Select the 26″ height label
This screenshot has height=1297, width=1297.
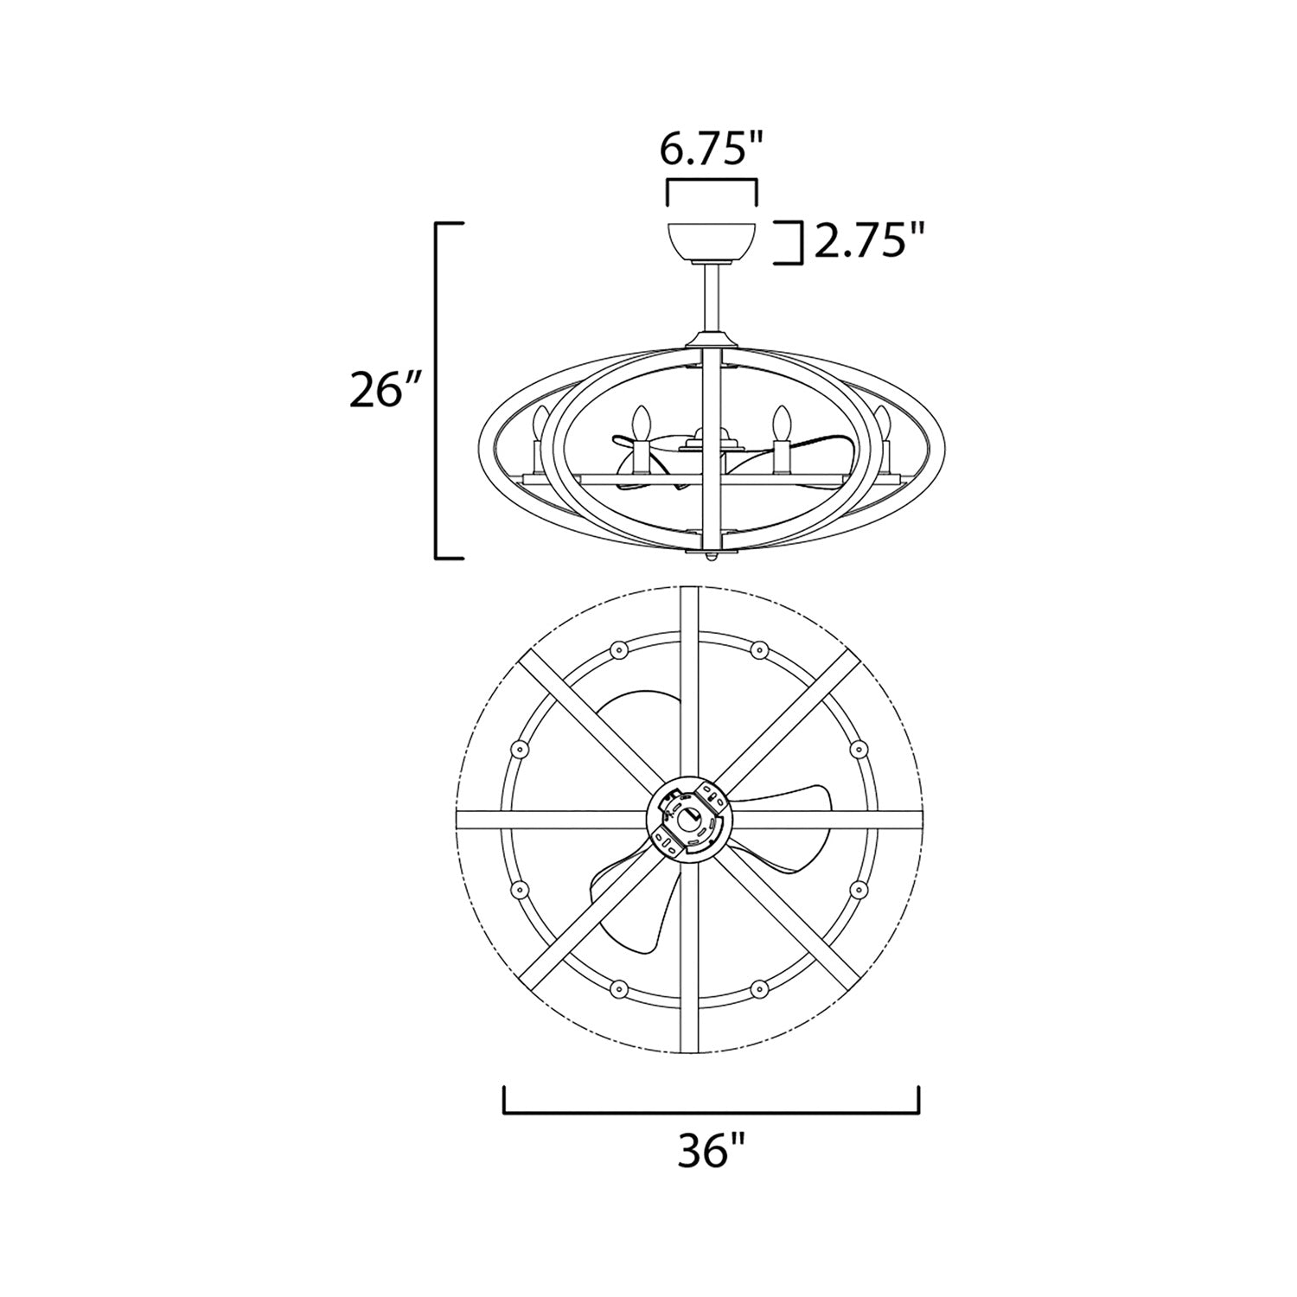click(378, 391)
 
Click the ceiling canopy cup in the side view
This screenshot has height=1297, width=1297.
click(712, 242)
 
